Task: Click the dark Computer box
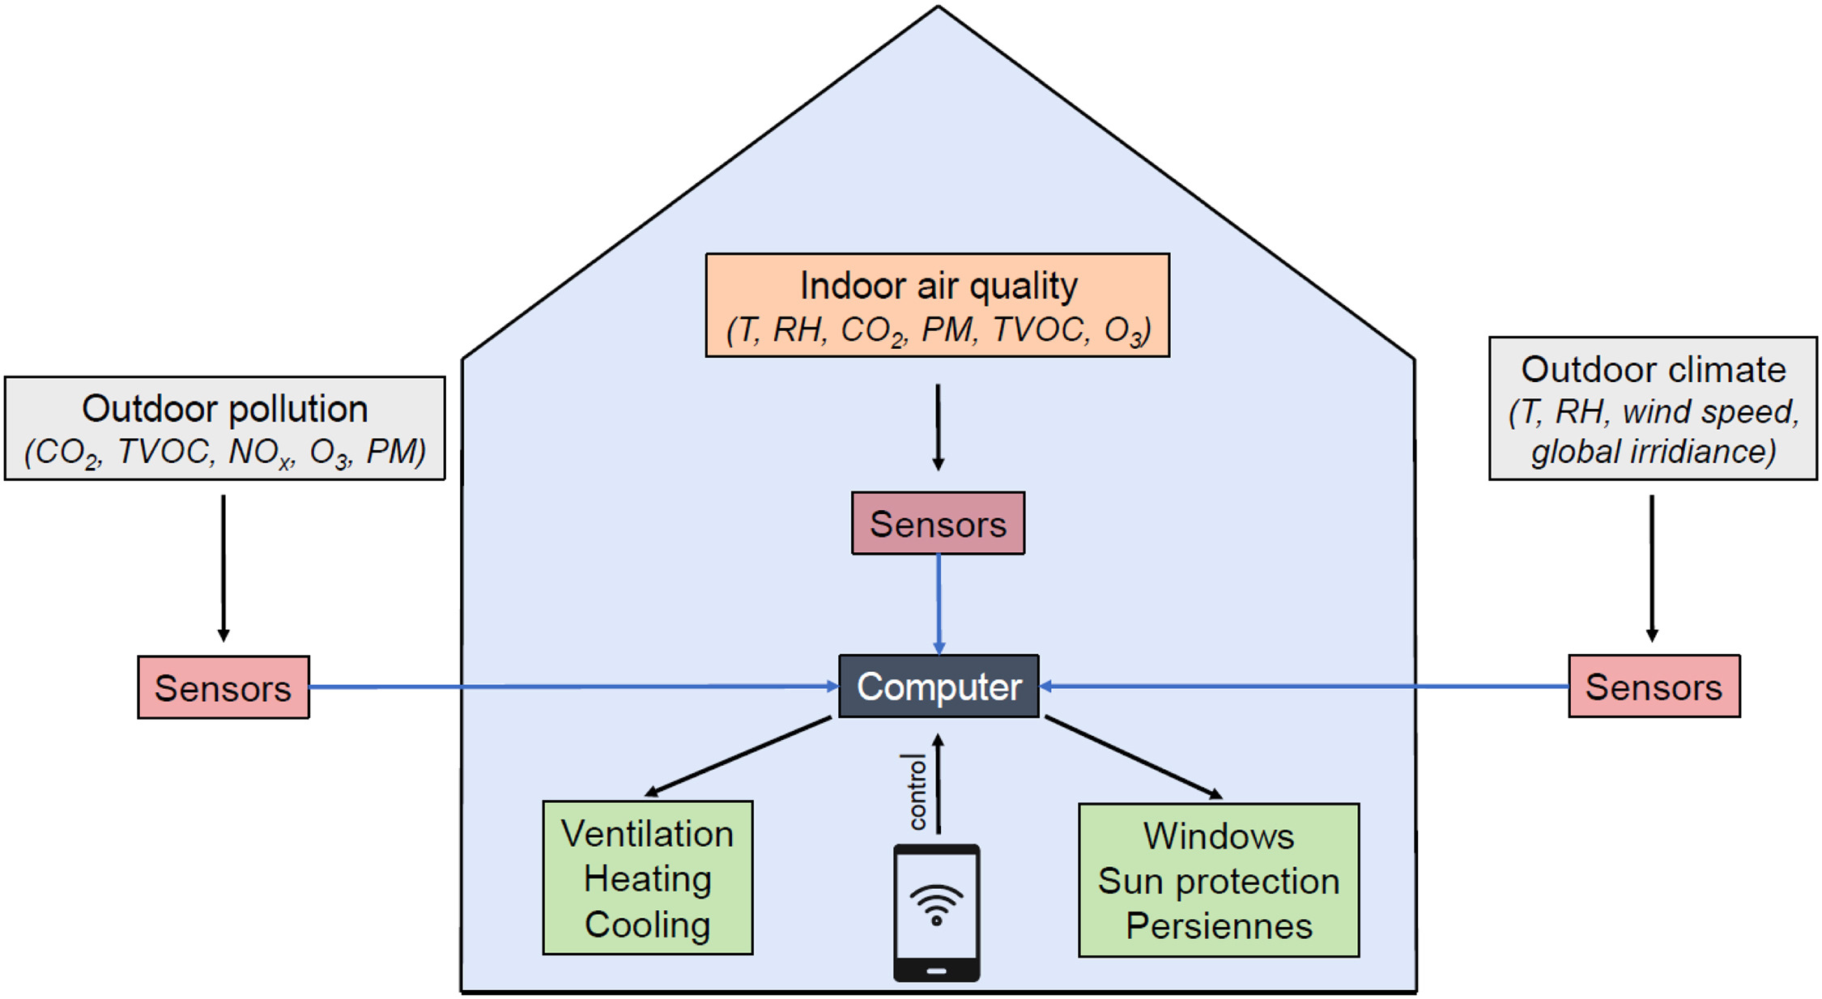coord(939,687)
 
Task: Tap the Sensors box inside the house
coord(938,524)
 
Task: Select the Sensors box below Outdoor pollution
coord(223,688)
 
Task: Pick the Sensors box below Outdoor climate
coord(1654,687)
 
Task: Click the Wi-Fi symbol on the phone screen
coord(936,903)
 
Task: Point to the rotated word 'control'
coord(917,792)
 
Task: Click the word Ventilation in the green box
coord(647,834)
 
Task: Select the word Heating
coord(647,879)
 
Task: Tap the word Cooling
coord(647,925)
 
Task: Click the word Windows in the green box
coord(1218,836)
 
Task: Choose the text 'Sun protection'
coord(1218,881)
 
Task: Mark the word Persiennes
coord(1218,926)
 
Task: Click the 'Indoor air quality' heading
coord(938,286)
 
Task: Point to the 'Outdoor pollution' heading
coord(224,409)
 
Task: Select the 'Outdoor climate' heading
coord(1653,370)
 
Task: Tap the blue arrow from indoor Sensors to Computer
coord(939,604)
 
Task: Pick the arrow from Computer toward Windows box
coord(1134,758)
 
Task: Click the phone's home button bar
coord(936,971)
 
